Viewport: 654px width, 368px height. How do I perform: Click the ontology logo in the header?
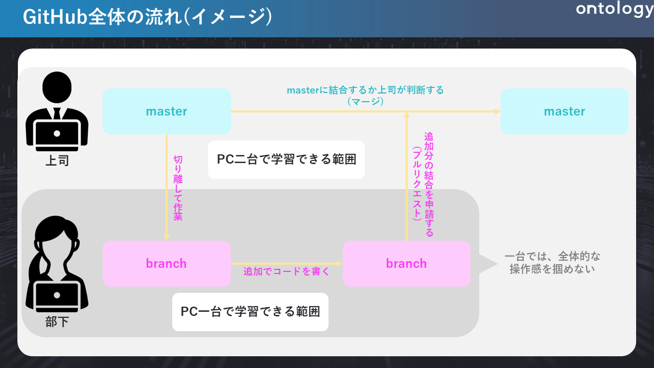coord(615,10)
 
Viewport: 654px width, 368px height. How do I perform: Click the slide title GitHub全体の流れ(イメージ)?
coord(147,17)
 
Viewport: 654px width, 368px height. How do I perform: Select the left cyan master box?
coord(167,111)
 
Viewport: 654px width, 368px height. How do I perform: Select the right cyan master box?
coord(564,111)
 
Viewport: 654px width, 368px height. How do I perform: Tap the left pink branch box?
coord(167,264)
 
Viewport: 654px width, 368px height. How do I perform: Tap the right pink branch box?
coord(406,264)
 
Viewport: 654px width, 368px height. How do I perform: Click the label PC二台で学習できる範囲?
coord(286,159)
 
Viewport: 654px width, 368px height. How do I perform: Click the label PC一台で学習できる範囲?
coord(250,312)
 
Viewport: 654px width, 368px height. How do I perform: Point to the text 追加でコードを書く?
coord(286,272)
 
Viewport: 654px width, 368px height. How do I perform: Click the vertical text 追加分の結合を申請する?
coord(429,185)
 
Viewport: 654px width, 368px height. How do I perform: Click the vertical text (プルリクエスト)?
coord(417,183)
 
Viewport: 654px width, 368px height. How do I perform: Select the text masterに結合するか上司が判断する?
coord(365,90)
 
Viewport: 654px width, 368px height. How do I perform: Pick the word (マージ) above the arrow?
coord(365,101)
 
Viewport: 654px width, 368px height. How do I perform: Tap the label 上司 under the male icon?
coord(57,161)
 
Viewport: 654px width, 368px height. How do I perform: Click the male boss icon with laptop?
coord(57,112)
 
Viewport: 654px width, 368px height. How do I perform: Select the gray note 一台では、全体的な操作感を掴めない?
coord(552,263)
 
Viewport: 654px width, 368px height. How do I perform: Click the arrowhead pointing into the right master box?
coord(497,111)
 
